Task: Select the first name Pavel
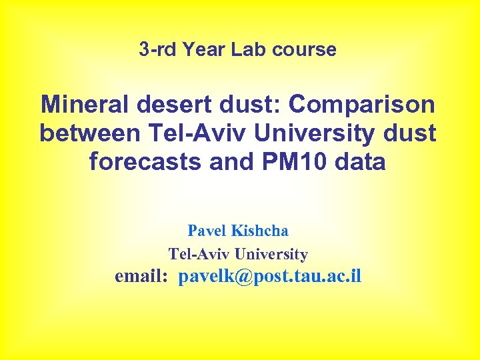pyautogui.click(x=207, y=231)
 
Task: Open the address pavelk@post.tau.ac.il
pyautogui.click(x=270, y=276)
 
